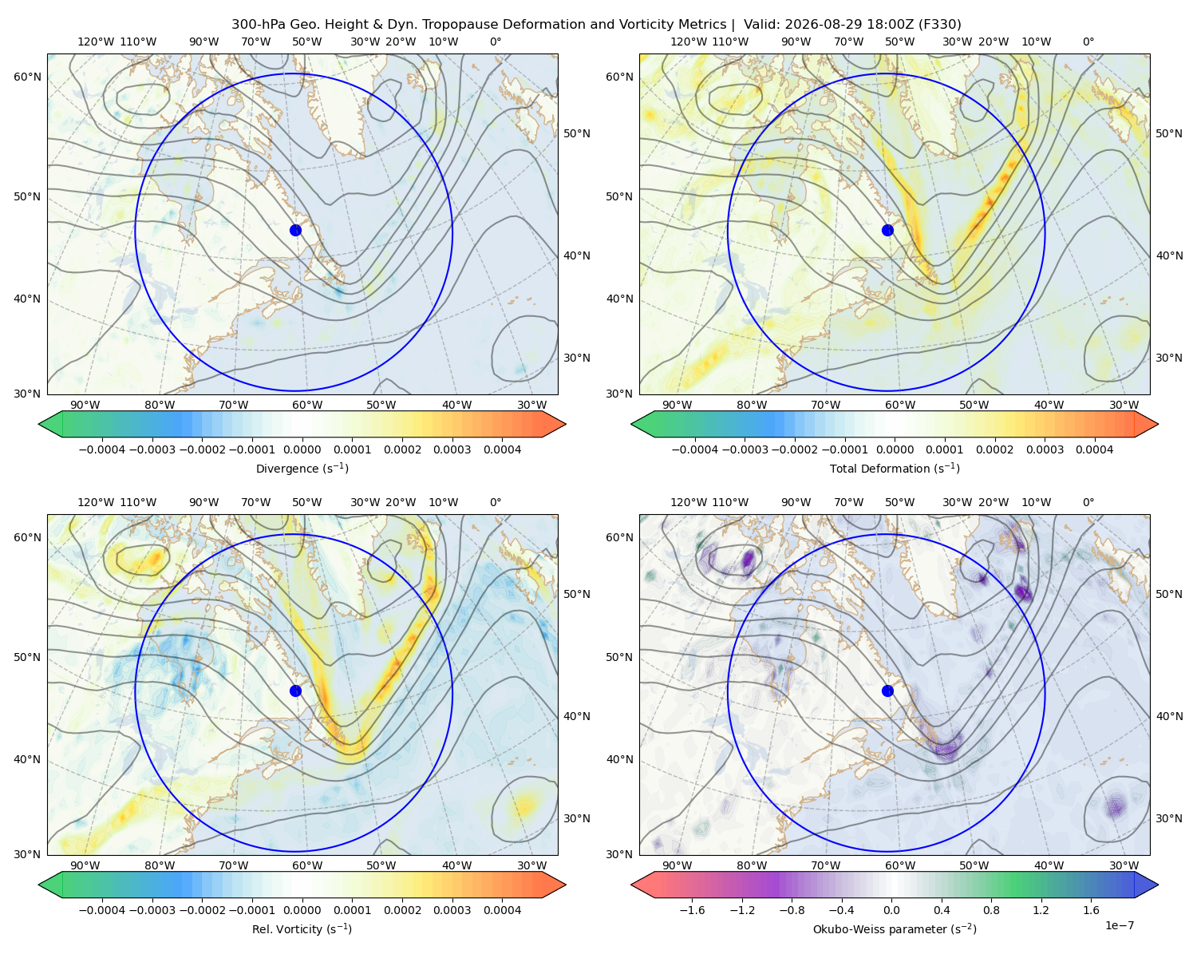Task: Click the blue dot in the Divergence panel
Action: (295, 231)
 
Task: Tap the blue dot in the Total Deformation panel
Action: (887, 231)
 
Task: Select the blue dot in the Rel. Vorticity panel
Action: (295, 691)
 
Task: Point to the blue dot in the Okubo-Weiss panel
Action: (887, 691)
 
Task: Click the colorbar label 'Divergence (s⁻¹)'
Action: (302, 468)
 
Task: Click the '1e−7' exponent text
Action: (1119, 925)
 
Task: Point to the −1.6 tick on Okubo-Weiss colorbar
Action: (692, 910)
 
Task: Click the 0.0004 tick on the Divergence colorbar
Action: (502, 449)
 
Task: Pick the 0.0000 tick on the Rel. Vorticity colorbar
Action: (302, 910)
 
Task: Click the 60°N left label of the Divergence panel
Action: (27, 77)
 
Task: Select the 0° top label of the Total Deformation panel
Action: (1088, 42)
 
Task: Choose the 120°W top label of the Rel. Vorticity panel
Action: (96, 502)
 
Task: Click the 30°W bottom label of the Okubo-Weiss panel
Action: (1124, 865)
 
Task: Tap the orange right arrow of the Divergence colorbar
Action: (554, 424)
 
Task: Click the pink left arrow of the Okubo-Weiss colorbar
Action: (643, 885)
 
